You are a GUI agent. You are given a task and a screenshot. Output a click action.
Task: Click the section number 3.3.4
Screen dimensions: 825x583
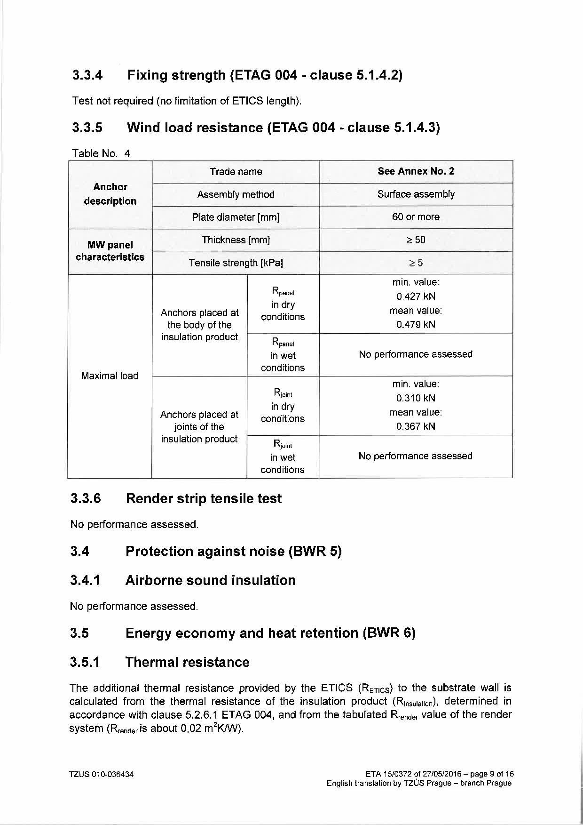tap(87, 75)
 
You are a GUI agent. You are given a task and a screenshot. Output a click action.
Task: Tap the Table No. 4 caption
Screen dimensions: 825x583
tap(101, 153)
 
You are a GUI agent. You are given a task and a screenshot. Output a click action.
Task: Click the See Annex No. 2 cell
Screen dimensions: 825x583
tap(416, 171)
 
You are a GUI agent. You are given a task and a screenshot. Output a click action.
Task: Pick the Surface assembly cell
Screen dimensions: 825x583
tap(416, 194)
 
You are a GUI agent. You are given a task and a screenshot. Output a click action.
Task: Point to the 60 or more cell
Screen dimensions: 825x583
tap(416, 217)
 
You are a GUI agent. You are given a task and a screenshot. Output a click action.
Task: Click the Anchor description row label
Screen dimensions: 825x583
tap(110, 194)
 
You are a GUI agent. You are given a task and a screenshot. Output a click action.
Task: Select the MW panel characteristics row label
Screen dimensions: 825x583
tap(110, 251)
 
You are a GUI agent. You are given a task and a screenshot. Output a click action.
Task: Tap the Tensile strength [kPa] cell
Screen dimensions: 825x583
tap(236, 263)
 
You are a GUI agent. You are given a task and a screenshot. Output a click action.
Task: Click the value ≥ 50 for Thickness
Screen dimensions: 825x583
tap(416, 240)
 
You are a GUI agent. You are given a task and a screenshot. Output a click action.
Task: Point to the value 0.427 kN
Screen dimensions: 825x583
tap(416, 296)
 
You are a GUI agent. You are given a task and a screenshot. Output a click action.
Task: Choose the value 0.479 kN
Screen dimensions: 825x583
tap(416, 325)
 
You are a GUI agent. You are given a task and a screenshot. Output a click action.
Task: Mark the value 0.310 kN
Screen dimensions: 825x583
tap(416, 398)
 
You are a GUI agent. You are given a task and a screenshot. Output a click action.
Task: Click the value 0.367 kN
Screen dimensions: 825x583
tap(416, 426)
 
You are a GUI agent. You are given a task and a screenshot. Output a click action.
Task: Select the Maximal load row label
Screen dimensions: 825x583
tap(110, 376)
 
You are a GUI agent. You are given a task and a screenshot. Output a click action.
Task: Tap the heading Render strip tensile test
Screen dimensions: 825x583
tap(204, 498)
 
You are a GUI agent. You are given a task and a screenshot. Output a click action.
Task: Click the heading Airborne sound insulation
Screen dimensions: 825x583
tap(210, 580)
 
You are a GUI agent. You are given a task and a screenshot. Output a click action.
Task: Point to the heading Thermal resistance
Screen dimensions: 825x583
tap(187, 662)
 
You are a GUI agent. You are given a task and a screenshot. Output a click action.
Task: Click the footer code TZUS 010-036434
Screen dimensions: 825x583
tap(102, 774)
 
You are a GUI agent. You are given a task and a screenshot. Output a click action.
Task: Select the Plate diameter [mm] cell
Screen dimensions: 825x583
tap(236, 217)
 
